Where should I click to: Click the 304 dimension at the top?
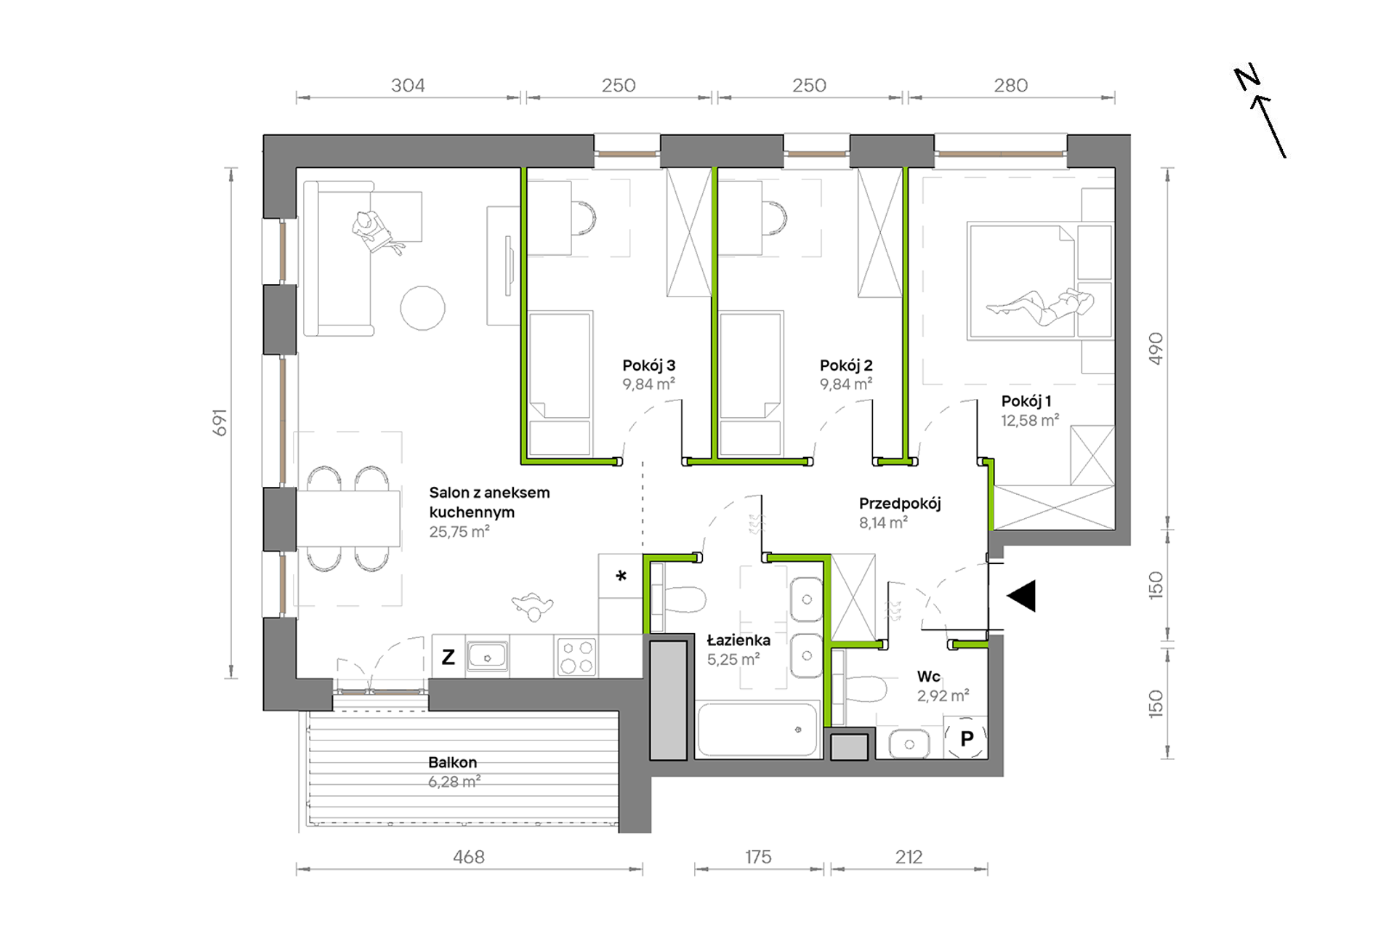408,86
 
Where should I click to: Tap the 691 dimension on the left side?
220,423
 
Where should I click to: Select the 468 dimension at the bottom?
469,857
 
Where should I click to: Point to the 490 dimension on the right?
1156,349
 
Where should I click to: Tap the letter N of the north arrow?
1247,78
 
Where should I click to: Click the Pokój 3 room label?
649,366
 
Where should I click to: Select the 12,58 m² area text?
1030,420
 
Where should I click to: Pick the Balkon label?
453,762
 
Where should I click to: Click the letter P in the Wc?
967,739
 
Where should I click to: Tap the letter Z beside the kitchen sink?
448,658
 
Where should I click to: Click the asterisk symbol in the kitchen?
621,577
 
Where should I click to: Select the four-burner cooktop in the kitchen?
576,657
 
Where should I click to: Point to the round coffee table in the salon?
422,308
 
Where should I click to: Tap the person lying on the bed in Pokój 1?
1040,305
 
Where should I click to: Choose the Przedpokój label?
900,504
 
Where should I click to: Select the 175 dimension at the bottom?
758,857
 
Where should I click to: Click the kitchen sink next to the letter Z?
487,657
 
